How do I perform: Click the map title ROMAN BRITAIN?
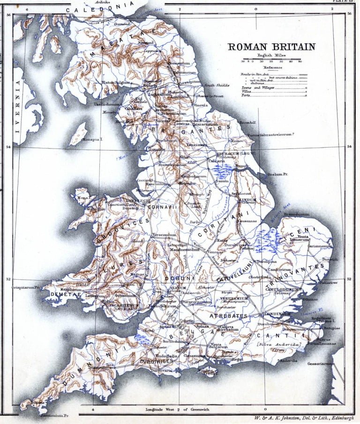271,47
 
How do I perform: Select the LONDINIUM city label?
277,313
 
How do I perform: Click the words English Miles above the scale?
271,55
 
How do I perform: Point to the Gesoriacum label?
332,364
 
